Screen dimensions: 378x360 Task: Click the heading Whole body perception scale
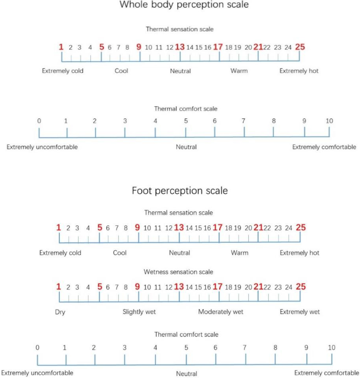(x=184, y=5)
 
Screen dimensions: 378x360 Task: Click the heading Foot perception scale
(x=180, y=190)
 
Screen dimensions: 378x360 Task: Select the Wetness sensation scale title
(x=178, y=272)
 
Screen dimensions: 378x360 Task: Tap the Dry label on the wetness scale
(x=60, y=312)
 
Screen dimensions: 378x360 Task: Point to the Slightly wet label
(x=139, y=312)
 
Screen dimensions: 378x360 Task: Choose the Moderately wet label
(x=221, y=312)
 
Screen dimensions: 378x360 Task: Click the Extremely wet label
(x=300, y=312)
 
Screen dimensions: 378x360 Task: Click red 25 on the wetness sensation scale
(x=300, y=287)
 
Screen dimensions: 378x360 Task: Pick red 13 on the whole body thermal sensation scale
(x=180, y=47)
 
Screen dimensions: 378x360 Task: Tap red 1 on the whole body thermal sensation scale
(x=61, y=47)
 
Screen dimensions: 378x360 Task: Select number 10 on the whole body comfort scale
(x=329, y=121)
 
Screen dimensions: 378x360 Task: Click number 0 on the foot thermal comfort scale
(x=37, y=347)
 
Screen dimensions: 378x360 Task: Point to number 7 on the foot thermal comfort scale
(x=244, y=347)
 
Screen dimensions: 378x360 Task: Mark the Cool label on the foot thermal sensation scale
(x=120, y=253)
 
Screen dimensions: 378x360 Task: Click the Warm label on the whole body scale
(x=239, y=71)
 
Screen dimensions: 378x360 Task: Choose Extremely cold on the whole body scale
(x=63, y=71)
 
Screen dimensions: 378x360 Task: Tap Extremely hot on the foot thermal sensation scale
(x=299, y=253)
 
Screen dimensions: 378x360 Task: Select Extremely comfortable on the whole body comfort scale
(x=324, y=147)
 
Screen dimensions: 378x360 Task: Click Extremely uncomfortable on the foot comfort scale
(x=37, y=373)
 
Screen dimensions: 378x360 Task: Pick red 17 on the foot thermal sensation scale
(x=218, y=228)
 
